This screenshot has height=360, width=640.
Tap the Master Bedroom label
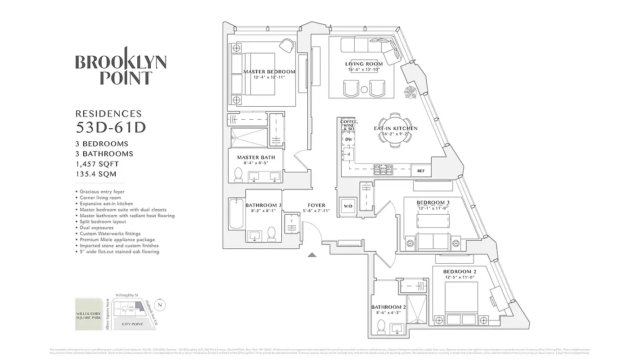pyautogui.click(x=269, y=72)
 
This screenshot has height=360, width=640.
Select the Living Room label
pyautogui.click(x=364, y=64)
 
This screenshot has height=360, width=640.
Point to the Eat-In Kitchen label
pyautogui.click(x=396, y=129)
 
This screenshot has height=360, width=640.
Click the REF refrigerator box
pyautogui.click(x=421, y=171)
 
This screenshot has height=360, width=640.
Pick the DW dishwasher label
pyautogui.click(x=348, y=139)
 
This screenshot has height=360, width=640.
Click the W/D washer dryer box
pyautogui.click(x=348, y=207)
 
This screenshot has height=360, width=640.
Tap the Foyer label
pyautogui.click(x=316, y=206)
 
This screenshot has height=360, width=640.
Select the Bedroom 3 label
pyautogui.click(x=433, y=202)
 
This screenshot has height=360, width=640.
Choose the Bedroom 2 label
pyautogui.click(x=460, y=272)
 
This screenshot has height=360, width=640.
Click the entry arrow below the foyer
pyautogui.click(x=312, y=255)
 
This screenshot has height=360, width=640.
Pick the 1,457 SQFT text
pyautogui.click(x=98, y=164)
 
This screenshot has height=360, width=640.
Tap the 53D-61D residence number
pyautogui.click(x=111, y=128)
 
